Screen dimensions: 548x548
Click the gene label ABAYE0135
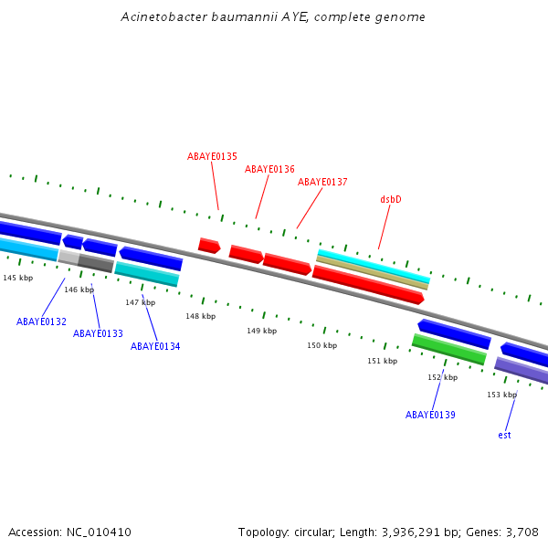[212, 156]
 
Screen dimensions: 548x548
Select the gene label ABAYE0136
[269, 169]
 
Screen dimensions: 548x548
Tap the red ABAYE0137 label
[322, 182]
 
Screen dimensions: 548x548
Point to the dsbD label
[391, 199]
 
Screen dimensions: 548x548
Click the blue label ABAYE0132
[41, 321]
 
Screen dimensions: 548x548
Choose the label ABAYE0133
[98, 333]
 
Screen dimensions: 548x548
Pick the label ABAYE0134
[155, 346]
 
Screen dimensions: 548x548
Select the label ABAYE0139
[430, 415]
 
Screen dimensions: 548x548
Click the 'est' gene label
[504, 435]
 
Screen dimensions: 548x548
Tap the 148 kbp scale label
[200, 316]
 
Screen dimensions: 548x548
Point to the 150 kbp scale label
[321, 345]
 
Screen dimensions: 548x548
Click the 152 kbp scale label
[442, 377]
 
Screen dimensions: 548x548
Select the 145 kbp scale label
[17, 278]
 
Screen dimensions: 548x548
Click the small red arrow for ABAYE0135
[209, 245]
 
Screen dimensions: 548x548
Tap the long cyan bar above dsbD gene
[373, 265]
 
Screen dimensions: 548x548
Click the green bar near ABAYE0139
[448, 349]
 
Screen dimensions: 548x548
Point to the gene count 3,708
[521, 532]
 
